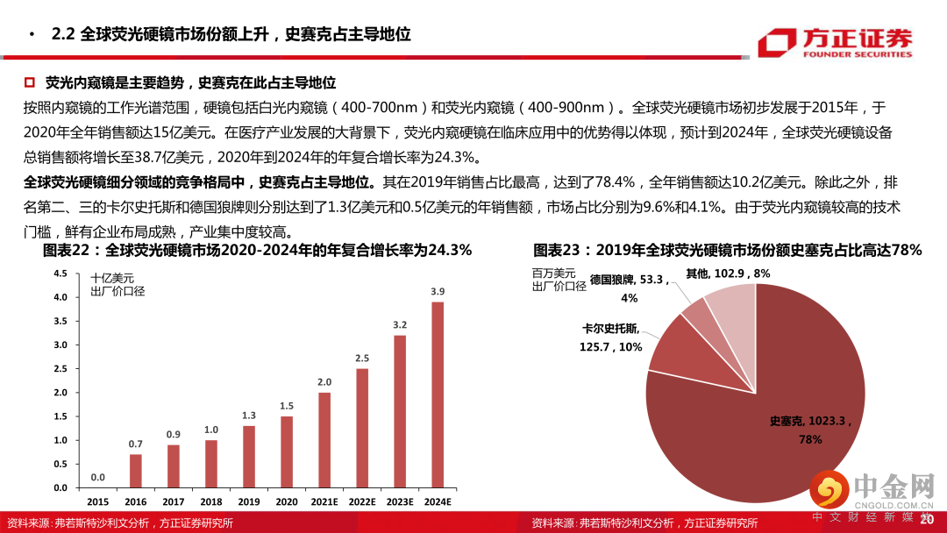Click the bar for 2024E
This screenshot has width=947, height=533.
437,394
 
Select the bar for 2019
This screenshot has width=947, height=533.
248,456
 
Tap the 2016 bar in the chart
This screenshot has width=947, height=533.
135,470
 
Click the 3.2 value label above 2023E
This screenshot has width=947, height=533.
399,325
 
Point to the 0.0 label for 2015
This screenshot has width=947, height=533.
97,477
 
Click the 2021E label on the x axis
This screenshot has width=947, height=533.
324,501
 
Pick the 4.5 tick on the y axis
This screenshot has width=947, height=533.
61,274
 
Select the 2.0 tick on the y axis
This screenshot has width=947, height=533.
61,392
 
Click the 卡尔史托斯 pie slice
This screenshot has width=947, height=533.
671,342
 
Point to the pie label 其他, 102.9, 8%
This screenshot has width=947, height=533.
728,274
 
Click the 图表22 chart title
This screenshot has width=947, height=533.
257,251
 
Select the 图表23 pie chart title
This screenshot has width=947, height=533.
727,251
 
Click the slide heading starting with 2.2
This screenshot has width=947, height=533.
231,35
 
